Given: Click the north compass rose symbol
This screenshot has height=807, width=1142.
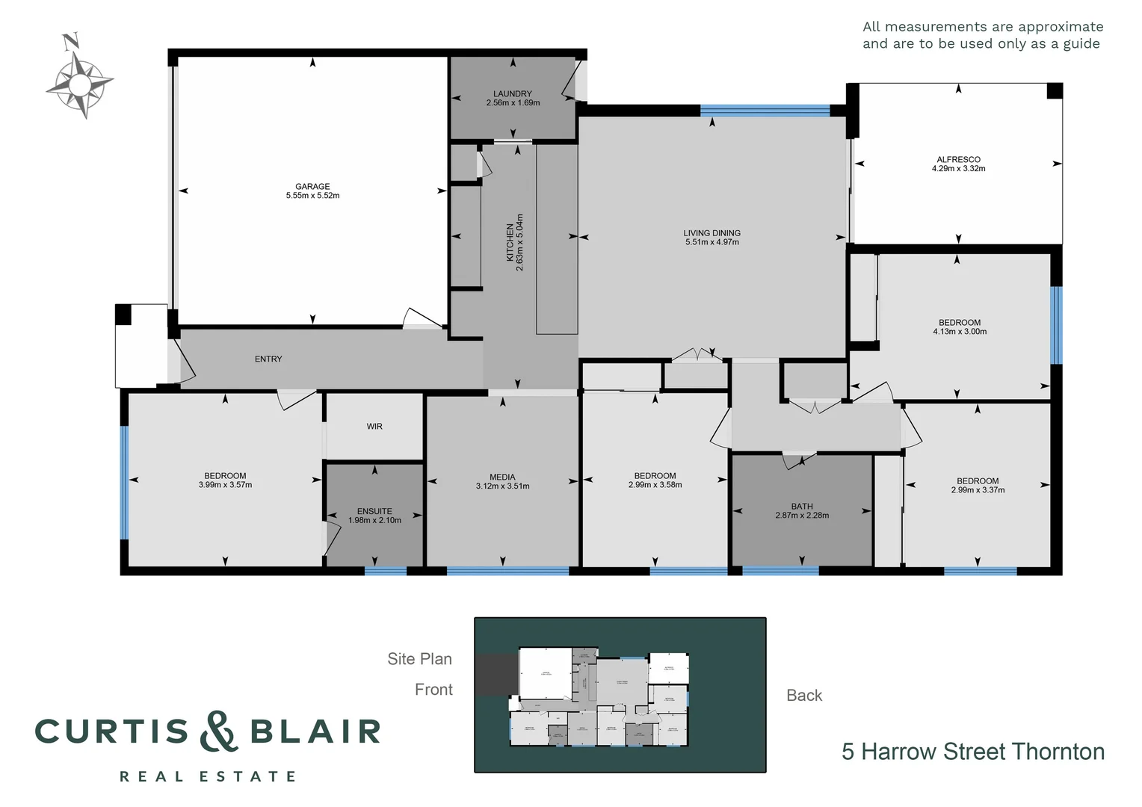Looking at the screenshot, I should click(79, 80).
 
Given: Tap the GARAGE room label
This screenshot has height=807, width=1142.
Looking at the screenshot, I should click(312, 187).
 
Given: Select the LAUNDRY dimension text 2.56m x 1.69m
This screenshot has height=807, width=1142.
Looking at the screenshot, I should click(513, 103).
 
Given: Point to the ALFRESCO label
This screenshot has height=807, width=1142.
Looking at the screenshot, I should click(958, 159).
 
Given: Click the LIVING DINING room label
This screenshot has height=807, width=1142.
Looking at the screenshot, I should click(712, 233).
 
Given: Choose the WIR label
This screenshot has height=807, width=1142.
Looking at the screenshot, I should click(374, 427).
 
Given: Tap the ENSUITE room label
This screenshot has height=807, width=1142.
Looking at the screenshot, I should click(374, 511).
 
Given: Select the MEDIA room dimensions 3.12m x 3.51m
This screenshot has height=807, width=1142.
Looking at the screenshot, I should click(502, 486).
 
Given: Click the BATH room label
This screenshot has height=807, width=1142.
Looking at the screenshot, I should click(802, 506).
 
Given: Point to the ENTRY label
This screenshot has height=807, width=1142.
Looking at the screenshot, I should click(268, 359).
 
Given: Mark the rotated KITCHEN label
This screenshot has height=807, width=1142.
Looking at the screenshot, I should click(510, 242).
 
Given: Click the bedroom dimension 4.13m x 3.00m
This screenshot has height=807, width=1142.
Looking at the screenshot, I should click(960, 332).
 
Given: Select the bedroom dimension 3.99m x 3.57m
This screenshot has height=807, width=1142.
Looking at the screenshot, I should click(225, 485).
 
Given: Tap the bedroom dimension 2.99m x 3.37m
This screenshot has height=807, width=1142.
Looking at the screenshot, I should click(978, 490).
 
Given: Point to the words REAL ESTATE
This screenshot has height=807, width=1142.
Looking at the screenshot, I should click(208, 777).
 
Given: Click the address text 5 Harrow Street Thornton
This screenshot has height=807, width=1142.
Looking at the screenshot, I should click(972, 752).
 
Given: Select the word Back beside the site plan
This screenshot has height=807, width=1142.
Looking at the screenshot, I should click(804, 696).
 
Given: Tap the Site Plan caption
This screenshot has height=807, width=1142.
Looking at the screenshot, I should click(419, 659).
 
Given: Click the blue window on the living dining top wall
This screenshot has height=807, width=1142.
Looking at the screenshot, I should click(765, 111).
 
